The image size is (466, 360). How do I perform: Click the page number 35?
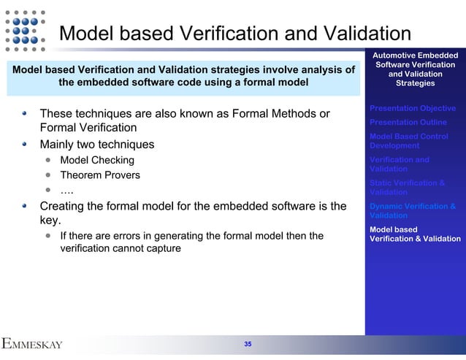(x=248, y=344)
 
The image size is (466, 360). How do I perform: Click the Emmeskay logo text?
(x=32, y=344)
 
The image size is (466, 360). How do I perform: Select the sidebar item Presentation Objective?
(x=413, y=108)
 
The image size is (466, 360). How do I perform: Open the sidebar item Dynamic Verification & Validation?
(x=413, y=211)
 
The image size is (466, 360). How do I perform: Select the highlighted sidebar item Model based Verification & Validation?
(x=415, y=234)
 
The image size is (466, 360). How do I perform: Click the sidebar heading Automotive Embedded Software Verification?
(x=415, y=69)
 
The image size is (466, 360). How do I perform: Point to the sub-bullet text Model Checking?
(x=97, y=161)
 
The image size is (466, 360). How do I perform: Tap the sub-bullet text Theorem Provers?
(x=100, y=175)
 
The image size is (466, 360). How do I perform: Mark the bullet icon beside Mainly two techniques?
(x=26, y=144)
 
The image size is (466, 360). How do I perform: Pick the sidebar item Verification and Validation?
(x=400, y=164)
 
